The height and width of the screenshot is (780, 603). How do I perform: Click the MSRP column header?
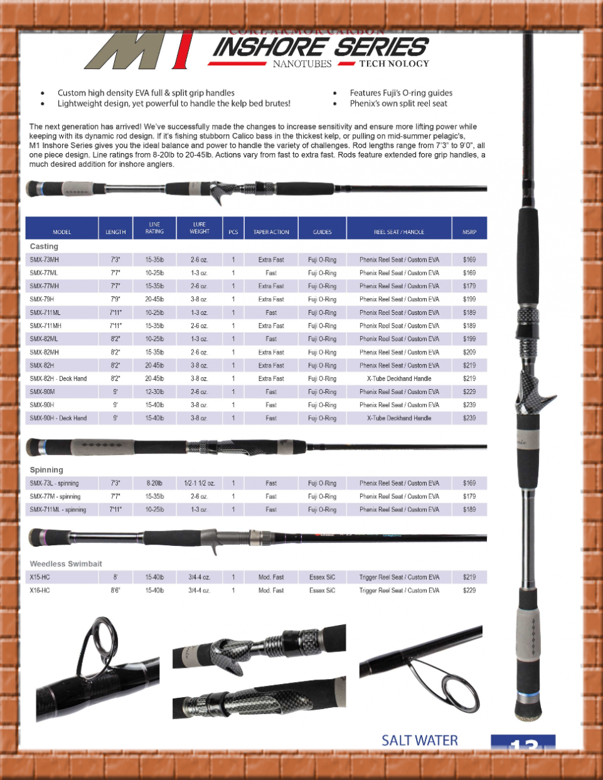tap(469, 232)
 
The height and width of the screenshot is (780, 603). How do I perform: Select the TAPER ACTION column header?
tap(271, 232)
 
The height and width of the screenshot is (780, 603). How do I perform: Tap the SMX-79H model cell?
tap(42, 299)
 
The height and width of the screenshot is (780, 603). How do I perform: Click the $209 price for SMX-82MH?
tap(469, 352)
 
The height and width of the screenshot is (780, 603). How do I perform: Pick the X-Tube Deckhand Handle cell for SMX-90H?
tap(399, 418)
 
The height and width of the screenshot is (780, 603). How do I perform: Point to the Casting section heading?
tap(44, 247)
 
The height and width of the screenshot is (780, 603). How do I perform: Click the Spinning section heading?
tap(46, 470)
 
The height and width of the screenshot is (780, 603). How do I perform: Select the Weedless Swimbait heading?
tap(66, 564)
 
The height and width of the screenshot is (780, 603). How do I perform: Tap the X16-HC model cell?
tap(40, 590)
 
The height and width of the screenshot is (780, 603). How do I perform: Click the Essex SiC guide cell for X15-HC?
tap(322, 577)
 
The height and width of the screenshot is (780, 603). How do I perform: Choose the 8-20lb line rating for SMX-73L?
tap(154, 484)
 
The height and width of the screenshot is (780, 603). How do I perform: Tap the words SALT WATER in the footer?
tap(420, 740)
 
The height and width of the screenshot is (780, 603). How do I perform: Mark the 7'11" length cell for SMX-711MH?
tap(115, 326)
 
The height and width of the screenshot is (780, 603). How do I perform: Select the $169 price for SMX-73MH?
tap(469, 260)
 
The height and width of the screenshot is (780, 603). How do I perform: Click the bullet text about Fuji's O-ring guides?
tap(401, 93)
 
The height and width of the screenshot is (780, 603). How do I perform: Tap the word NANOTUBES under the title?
tap(302, 64)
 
